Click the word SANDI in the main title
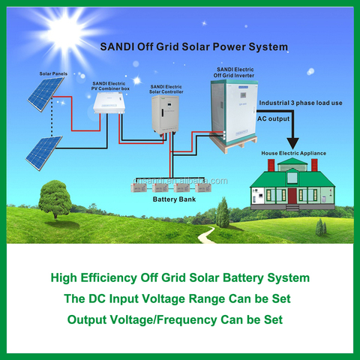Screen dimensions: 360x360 click(x=119, y=46)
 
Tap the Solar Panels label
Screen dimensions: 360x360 click(x=54, y=74)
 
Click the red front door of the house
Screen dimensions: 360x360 click(x=292, y=196)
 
